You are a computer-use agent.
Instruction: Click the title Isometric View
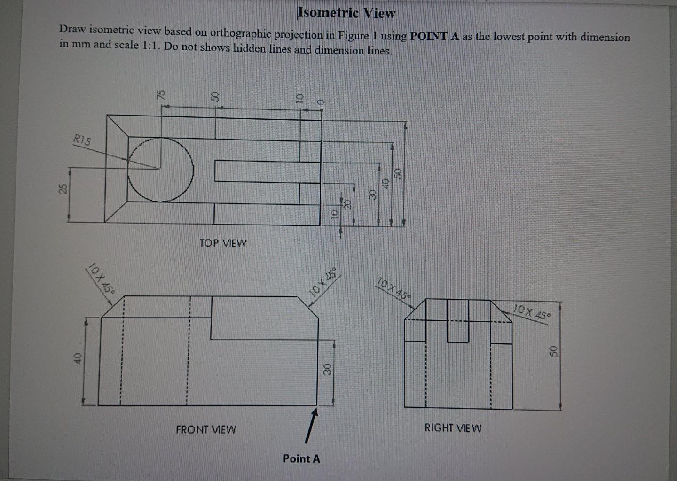[x=346, y=13]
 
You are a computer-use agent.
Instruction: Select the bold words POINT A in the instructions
[x=434, y=37]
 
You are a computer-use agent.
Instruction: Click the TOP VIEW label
[x=222, y=243]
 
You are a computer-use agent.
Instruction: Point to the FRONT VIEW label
[x=206, y=429]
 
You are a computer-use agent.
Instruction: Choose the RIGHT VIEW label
[x=453, y=428]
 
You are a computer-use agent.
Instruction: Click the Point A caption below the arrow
[x=301, y=458]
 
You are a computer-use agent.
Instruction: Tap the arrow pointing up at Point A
[x=310, y=425]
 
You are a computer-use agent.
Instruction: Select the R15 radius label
[x=82, y=140]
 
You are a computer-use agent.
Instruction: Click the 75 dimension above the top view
[x=161, y=94]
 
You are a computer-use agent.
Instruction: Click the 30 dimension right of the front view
[x=328, y=369]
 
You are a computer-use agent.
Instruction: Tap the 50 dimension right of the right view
[x=553, y=351]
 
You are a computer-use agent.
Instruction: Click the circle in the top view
[x=160, y=169]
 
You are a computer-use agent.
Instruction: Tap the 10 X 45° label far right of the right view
[x=531, y=312]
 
